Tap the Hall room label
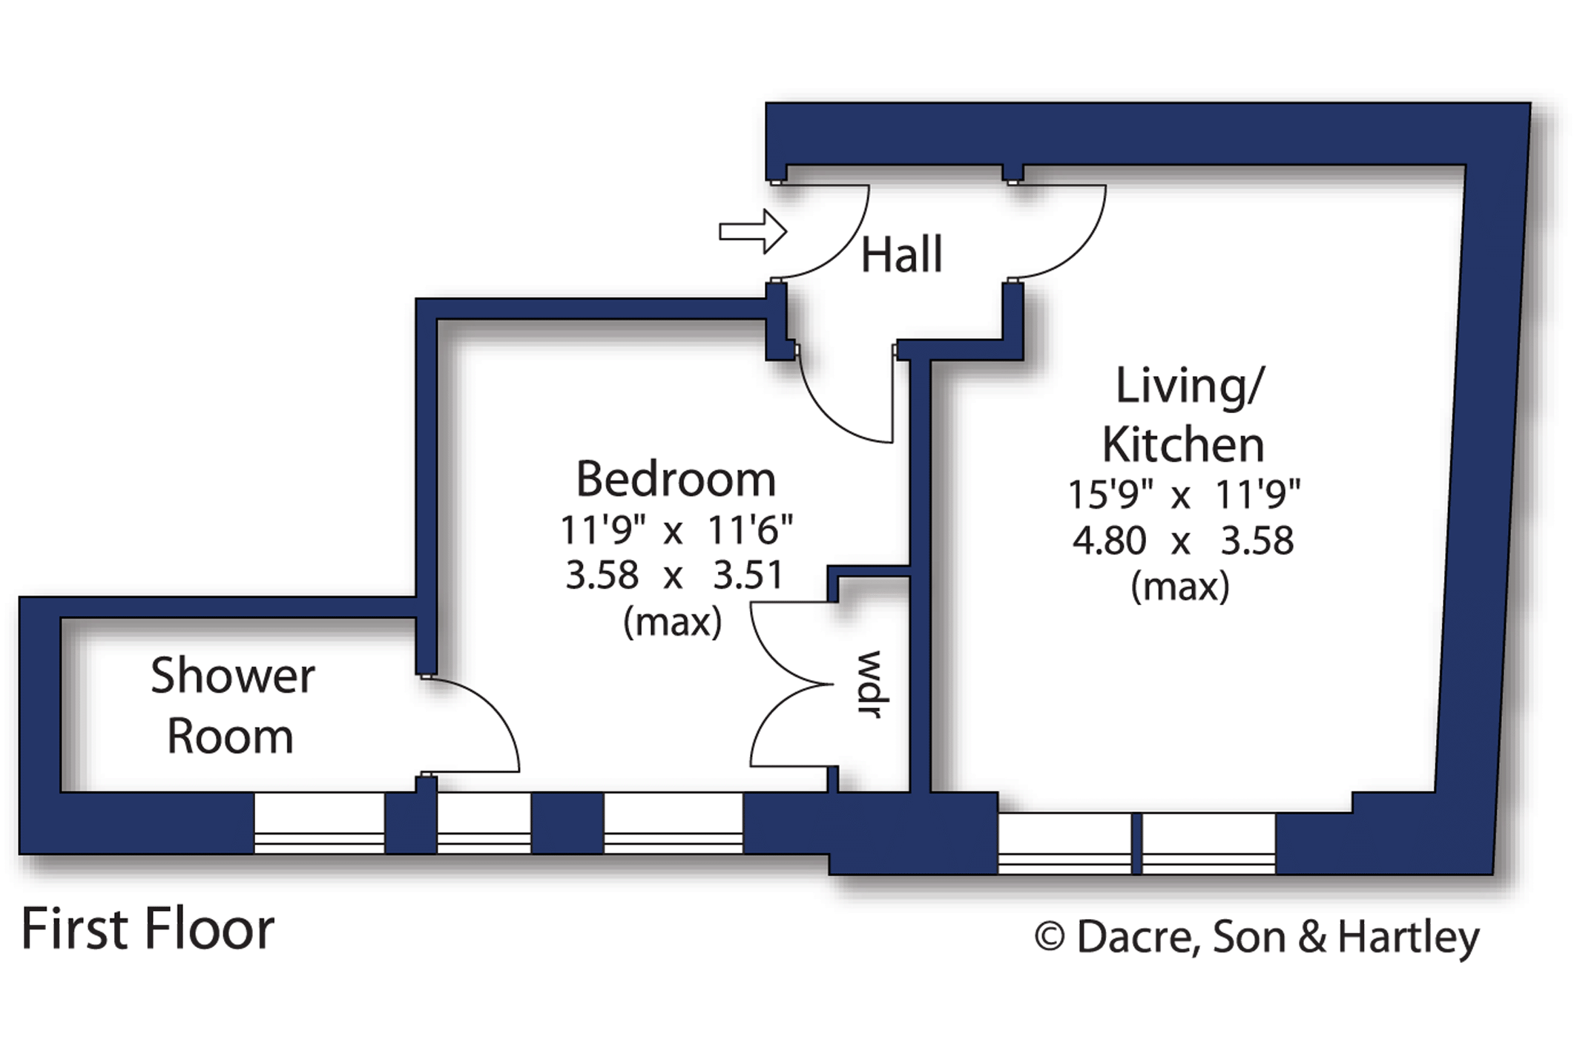[x=901, y=254]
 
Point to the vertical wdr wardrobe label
[x=869, y=684]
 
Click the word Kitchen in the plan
[x=1183, y=445]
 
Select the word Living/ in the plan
[x=1189, y=386]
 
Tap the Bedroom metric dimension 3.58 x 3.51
[x=674, y=575]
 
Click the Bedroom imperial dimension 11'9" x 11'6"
[x=676, y=530]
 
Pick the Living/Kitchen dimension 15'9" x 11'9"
[x=1184, y=494]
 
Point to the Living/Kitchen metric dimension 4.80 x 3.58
[x=1183, y=540]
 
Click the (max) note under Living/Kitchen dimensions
[x=1180, y=587]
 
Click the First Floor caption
[x=148, y=929]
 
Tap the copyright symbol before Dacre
[x=1050, y=937]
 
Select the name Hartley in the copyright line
[x=1408, y=938]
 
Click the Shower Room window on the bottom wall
[x=320, y=823]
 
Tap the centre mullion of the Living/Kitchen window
[x=1136, y=843]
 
